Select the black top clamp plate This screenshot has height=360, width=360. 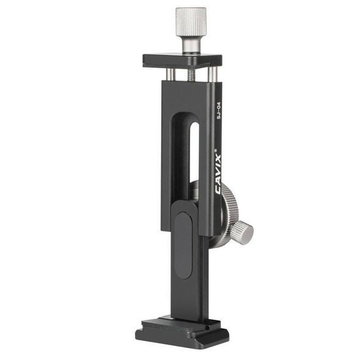pyautogui.click(x=182, y=60)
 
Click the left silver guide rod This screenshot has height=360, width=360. pyautogui.click(x=171, y=74)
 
